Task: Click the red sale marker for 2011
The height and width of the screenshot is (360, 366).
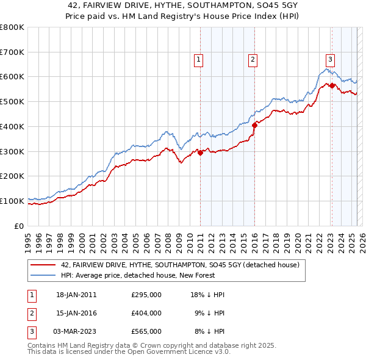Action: click(x=200, y=153)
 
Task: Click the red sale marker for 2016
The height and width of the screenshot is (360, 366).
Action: click(x=254, y=125)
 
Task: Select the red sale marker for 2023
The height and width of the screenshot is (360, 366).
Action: click(x=332, y=85)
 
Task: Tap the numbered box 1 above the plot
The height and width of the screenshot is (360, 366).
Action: click(x=199, y=59)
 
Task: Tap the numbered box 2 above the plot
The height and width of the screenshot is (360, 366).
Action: click(x=253, y=59)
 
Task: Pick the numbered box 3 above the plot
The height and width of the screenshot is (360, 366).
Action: click(x=330, y=59)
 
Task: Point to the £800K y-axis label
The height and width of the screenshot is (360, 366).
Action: click(x=12, y=27)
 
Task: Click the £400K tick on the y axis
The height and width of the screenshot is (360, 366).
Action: click(x=12, y=126)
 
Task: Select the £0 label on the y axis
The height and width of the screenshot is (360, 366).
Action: click(x=20, y=225)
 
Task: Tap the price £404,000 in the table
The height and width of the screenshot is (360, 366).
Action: click(x=146, y=313)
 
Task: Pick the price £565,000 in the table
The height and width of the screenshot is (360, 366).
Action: click(x=146, y=331)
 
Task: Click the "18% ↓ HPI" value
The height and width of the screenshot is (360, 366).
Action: click(x=207, y=295)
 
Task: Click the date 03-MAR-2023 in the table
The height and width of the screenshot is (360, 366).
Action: click(x=73, y=331)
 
